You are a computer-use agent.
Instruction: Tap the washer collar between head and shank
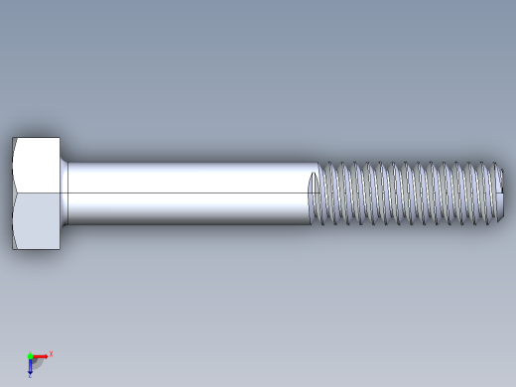[64, 193]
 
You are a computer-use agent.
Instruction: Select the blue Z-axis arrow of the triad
[31, 366]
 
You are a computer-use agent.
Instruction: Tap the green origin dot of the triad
[31, 355]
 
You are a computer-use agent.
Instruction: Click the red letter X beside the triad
[51, 352]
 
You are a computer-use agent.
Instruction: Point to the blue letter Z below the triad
[31, 375]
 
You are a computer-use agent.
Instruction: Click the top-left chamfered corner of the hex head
[14, 140]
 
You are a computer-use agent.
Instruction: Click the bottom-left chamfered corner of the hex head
[14, 245]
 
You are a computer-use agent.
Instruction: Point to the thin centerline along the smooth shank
[189, 193]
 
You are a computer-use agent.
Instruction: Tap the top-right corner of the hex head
[60, 139]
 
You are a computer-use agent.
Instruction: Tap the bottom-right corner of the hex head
[60, 248]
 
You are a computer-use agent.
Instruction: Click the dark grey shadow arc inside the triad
[38, 363]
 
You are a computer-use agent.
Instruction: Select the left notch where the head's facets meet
[13, 193]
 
